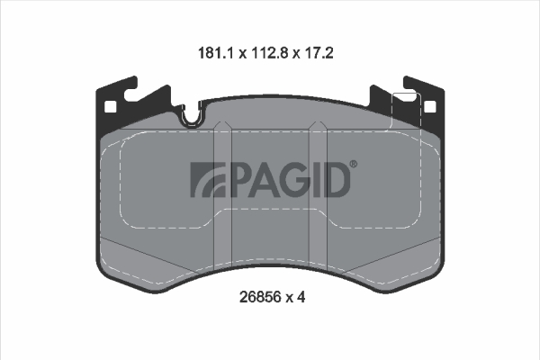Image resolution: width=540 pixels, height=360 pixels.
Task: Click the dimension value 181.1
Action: click(x=216, y=53)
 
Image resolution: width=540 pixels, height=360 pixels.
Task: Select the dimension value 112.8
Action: click(x=270, y=53)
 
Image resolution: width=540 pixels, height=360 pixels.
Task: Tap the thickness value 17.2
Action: click(x=319, y=53)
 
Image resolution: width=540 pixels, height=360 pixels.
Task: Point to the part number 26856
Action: click(x=260, y=297)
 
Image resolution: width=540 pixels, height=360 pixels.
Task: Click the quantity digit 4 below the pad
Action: click(x=301, y=297)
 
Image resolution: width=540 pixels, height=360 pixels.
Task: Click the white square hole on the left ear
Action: click(x=110, y=107)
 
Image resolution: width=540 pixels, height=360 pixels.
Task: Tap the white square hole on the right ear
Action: click(x=430, y=107)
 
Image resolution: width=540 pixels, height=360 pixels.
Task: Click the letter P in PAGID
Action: click(x=238, y=179)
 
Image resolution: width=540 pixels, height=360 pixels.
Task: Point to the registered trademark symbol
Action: click(x=354, y=165)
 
